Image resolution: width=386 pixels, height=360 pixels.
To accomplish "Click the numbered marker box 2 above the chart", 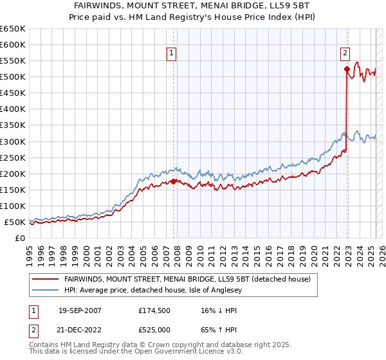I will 345,54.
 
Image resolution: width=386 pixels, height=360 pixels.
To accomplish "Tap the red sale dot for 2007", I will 174,181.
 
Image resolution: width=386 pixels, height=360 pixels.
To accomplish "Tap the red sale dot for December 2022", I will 347,69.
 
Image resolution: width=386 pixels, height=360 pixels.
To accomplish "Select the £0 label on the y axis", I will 19,238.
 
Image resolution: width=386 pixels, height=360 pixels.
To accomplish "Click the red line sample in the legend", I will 45,279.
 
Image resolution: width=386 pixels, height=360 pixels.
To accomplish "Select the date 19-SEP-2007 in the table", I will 80,310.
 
